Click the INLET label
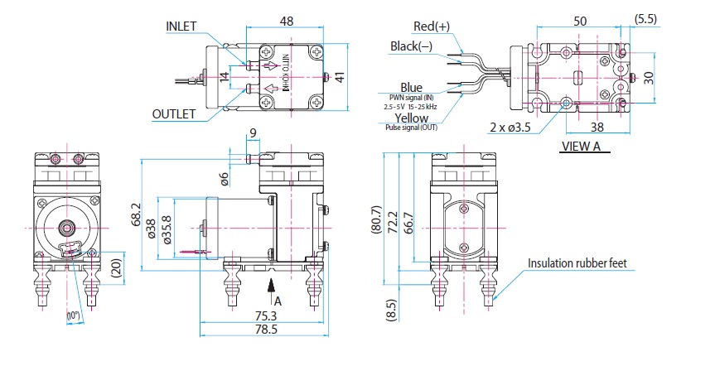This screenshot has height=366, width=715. (x=181, y=26)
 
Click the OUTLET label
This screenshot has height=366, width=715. (x=173, y=113)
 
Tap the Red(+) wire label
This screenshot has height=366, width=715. (x=432, y=26)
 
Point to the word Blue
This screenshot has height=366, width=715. (x=412, y=88)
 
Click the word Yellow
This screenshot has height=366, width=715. (x=412, y=118)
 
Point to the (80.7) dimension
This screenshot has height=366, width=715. (x=378, y=221)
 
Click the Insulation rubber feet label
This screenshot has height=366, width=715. (x=577, y=264)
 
